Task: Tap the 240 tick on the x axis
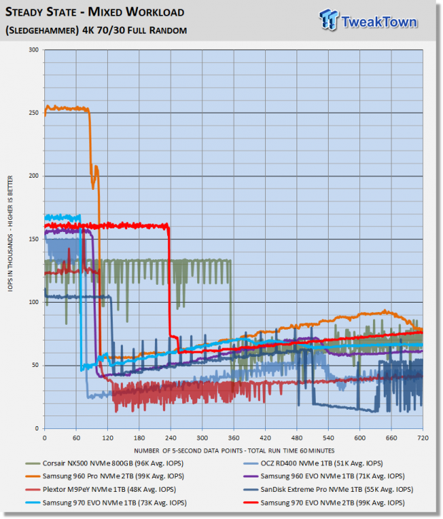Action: [x=170, y=437]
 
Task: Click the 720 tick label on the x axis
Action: [x=422, y=437]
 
